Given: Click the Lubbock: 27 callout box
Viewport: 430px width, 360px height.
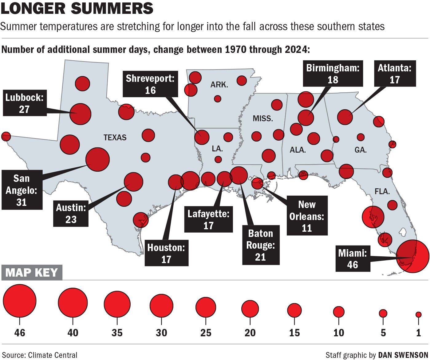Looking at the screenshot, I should click(24, 103).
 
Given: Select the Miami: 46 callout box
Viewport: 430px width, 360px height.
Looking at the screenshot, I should click(353, 259).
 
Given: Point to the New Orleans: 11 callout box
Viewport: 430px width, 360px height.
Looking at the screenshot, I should click(307, 216).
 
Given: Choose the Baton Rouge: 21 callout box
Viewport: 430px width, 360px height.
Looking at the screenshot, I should click(261, 245).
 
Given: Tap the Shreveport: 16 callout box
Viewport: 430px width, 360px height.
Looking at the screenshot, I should click(150, 84).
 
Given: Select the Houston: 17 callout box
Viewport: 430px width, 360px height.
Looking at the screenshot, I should click(166, 253).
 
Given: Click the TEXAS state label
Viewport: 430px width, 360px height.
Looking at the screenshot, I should click(115, 138).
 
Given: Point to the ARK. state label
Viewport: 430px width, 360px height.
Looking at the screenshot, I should click(219, 85).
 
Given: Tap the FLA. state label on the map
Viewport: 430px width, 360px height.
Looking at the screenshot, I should click(382, 191).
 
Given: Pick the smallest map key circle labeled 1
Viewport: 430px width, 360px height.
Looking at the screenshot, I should click(418, 314).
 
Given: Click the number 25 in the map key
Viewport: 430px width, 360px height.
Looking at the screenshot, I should click(206, 333).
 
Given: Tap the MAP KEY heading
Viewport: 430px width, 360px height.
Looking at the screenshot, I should click(32, 273).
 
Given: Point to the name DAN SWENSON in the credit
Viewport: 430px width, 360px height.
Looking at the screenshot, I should click(403, 355).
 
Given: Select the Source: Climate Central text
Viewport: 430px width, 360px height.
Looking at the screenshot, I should click(40, 355).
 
